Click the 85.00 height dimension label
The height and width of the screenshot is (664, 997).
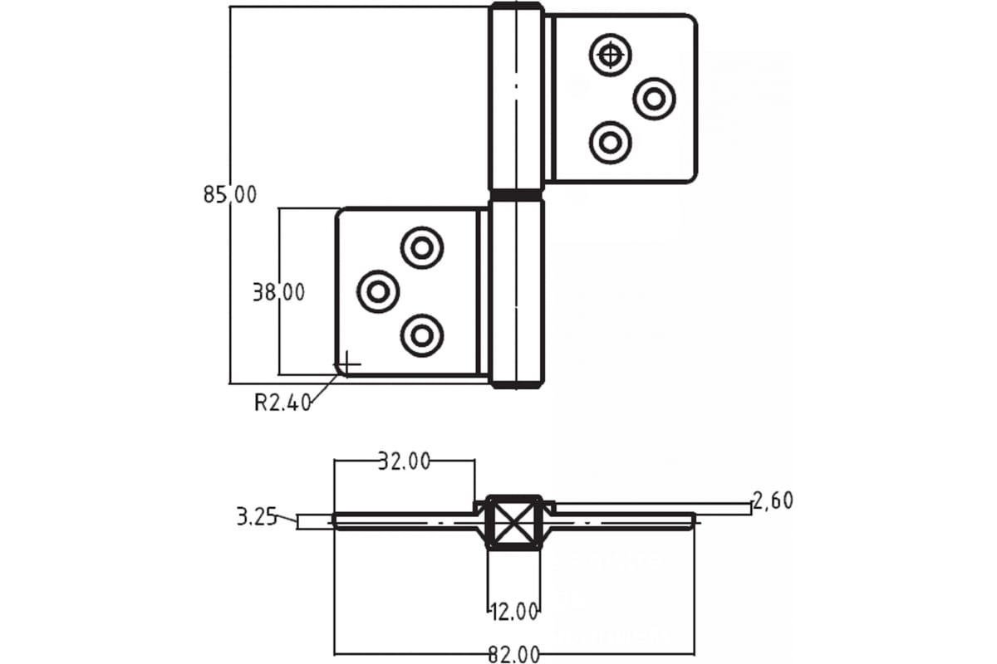point(230,195)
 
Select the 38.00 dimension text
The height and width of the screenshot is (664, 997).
point(278,291)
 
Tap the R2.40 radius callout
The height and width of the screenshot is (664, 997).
point(282,403)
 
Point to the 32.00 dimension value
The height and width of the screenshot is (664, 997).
point(405,461)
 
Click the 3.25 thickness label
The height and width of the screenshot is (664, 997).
point(257,517)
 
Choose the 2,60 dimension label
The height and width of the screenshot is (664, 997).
point(773,500)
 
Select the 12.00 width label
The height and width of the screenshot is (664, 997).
point(514,613)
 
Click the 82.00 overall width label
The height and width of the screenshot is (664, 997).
point(514,654)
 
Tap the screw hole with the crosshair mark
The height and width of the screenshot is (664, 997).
point(611,56)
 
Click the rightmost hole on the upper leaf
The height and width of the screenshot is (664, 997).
point(654,99)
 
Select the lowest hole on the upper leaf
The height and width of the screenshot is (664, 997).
point(611,142)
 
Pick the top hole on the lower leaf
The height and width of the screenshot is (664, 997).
point(422,247)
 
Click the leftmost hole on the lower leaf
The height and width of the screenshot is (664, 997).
point(378,291)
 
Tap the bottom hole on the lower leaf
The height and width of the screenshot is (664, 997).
point(422,335)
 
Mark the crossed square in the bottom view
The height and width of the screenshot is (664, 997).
point(514,524)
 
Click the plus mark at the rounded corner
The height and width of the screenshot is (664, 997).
point(347,363)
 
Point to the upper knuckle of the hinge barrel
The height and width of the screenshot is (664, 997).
point(516,98)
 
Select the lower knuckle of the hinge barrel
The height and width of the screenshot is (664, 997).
point(516,292)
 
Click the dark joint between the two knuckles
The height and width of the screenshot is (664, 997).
point(516,195)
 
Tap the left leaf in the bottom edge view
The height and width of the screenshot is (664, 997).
point(404,521)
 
